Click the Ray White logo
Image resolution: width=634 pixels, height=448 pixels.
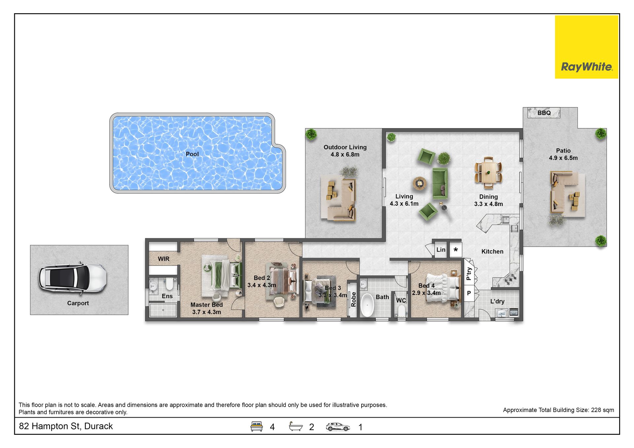[586, 47]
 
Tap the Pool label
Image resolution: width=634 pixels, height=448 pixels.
[192, 154]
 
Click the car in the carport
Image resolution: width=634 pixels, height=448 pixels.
[73, 278]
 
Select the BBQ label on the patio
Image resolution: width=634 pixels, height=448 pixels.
[544, 113]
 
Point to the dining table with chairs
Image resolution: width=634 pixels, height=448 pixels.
[488, 173]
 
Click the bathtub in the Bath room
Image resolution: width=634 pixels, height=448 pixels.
[367, 305]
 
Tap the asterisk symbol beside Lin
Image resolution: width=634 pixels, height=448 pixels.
[456, 250]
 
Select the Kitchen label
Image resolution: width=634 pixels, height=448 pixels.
[492, 252]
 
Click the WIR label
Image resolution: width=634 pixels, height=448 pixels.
[164, 259]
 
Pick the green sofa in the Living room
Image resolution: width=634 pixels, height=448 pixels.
[440, 183]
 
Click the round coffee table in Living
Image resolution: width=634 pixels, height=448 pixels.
[420, 183]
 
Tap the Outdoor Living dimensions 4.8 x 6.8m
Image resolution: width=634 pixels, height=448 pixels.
[345, 155]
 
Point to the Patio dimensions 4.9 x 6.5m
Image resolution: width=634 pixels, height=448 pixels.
[563, 158]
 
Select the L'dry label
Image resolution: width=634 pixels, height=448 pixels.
[497, 301]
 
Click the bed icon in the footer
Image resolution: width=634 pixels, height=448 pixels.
[257, 426]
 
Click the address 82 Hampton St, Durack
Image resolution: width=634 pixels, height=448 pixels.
[66, 426]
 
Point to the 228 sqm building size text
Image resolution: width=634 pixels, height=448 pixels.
[603, 410]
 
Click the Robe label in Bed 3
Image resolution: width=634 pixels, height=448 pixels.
[353, 299]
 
